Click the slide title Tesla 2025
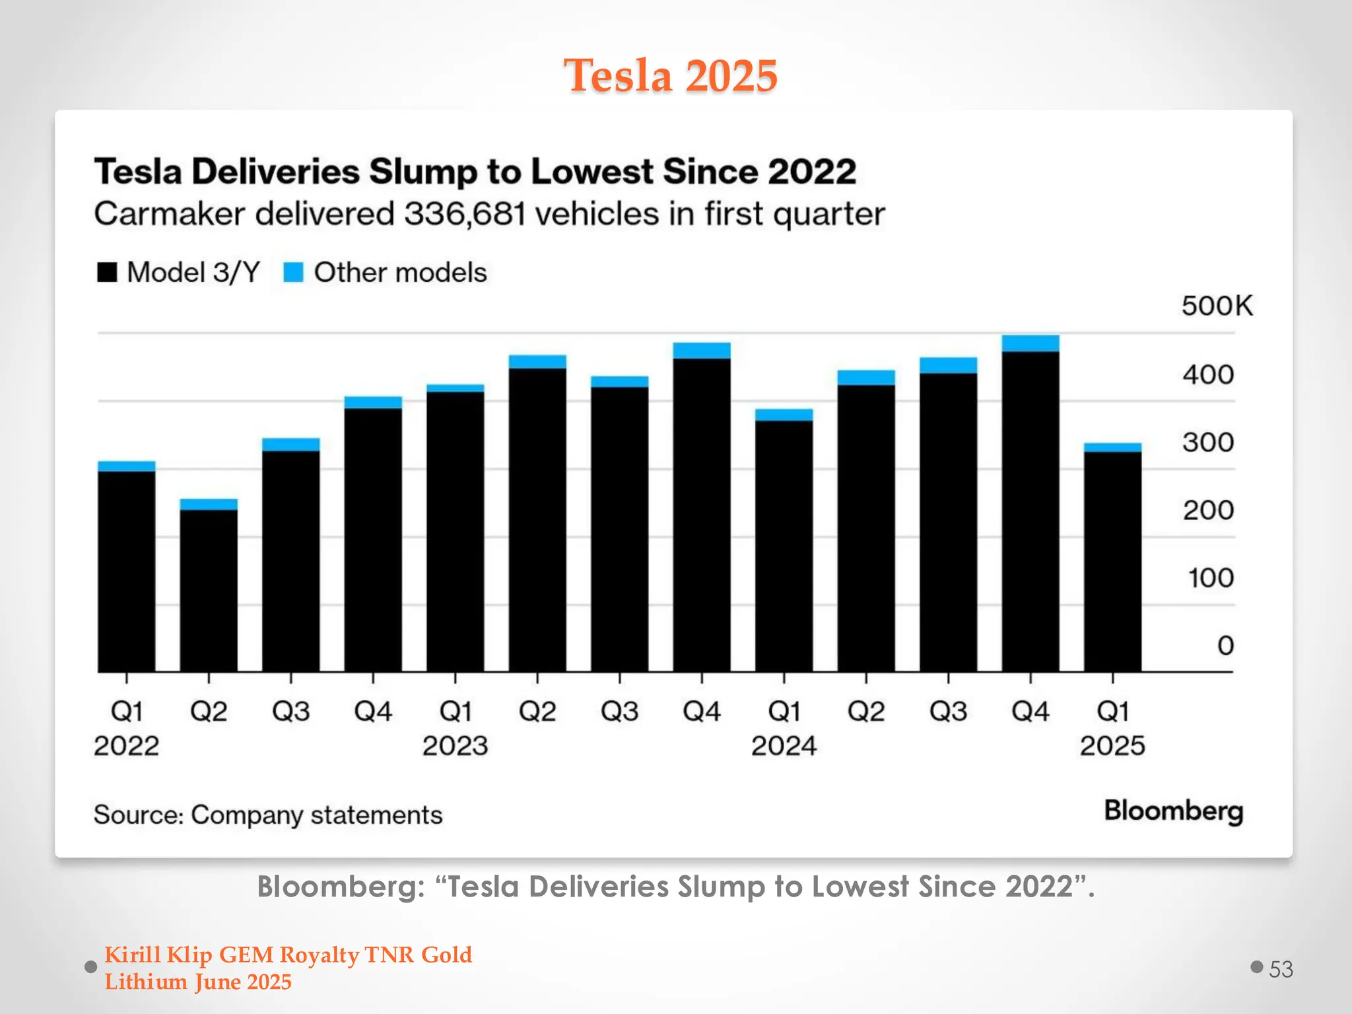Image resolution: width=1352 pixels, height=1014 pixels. click(670, 75)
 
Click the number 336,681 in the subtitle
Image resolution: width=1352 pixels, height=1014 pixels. click(465, 214)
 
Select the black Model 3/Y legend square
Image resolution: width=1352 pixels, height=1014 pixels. click(107, 272)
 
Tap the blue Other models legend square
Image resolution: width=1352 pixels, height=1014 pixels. click(293, 272)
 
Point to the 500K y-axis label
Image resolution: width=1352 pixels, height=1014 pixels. click(1217, 306)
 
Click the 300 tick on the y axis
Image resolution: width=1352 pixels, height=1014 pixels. click(1207, 442)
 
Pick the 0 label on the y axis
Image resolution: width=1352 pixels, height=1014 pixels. click(1225, 645)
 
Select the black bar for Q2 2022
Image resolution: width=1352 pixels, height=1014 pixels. click(209, 591)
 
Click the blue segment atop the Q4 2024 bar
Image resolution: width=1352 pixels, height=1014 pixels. click(1030, 343)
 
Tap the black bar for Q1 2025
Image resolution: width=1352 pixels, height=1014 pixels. click(1112, 561)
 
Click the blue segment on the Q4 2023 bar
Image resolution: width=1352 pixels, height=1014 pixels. click(702, 351)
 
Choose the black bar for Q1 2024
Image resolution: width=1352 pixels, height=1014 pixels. click(784, 545)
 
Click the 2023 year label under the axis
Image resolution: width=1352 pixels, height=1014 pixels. click(455, 746)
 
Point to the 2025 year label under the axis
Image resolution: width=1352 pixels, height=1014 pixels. click(1112, 746)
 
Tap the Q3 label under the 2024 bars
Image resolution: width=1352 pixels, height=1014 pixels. click(948, 712)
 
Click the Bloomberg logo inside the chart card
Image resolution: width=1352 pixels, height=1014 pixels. click(1173, 811)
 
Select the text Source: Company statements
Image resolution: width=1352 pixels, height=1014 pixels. click(267, 815)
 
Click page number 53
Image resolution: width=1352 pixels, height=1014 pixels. click(1281, 969)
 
